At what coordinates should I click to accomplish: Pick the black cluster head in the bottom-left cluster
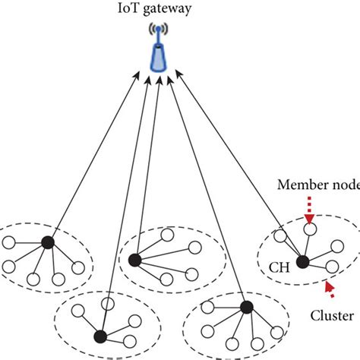pyautogui.click(x=99, y=335)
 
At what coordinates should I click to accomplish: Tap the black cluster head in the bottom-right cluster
pyautogui.click(x=245, y=307)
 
